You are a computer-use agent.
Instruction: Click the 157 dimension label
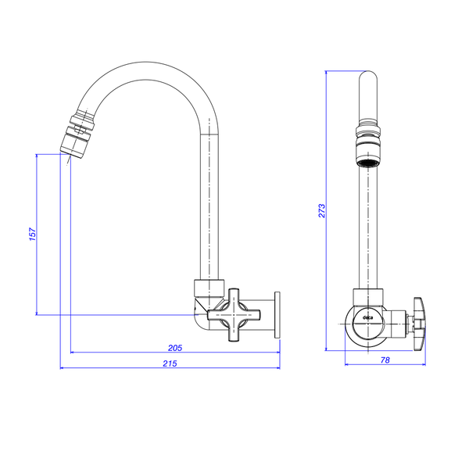[32, 234]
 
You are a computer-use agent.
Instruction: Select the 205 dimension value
[175, 348]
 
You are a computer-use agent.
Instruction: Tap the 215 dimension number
[170, 363]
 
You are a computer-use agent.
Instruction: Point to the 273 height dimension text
[321, 210]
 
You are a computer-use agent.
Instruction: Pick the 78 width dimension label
[385, 360]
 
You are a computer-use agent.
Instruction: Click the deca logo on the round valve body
[367, 318]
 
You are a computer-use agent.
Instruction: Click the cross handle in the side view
[234, 315]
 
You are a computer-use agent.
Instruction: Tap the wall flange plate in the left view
[277, 315]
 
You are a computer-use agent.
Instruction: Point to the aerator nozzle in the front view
[368, 152]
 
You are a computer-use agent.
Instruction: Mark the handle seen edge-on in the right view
[419, 324]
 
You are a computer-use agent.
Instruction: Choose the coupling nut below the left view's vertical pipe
[209, 288]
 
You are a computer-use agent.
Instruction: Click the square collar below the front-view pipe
[368, 297]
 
